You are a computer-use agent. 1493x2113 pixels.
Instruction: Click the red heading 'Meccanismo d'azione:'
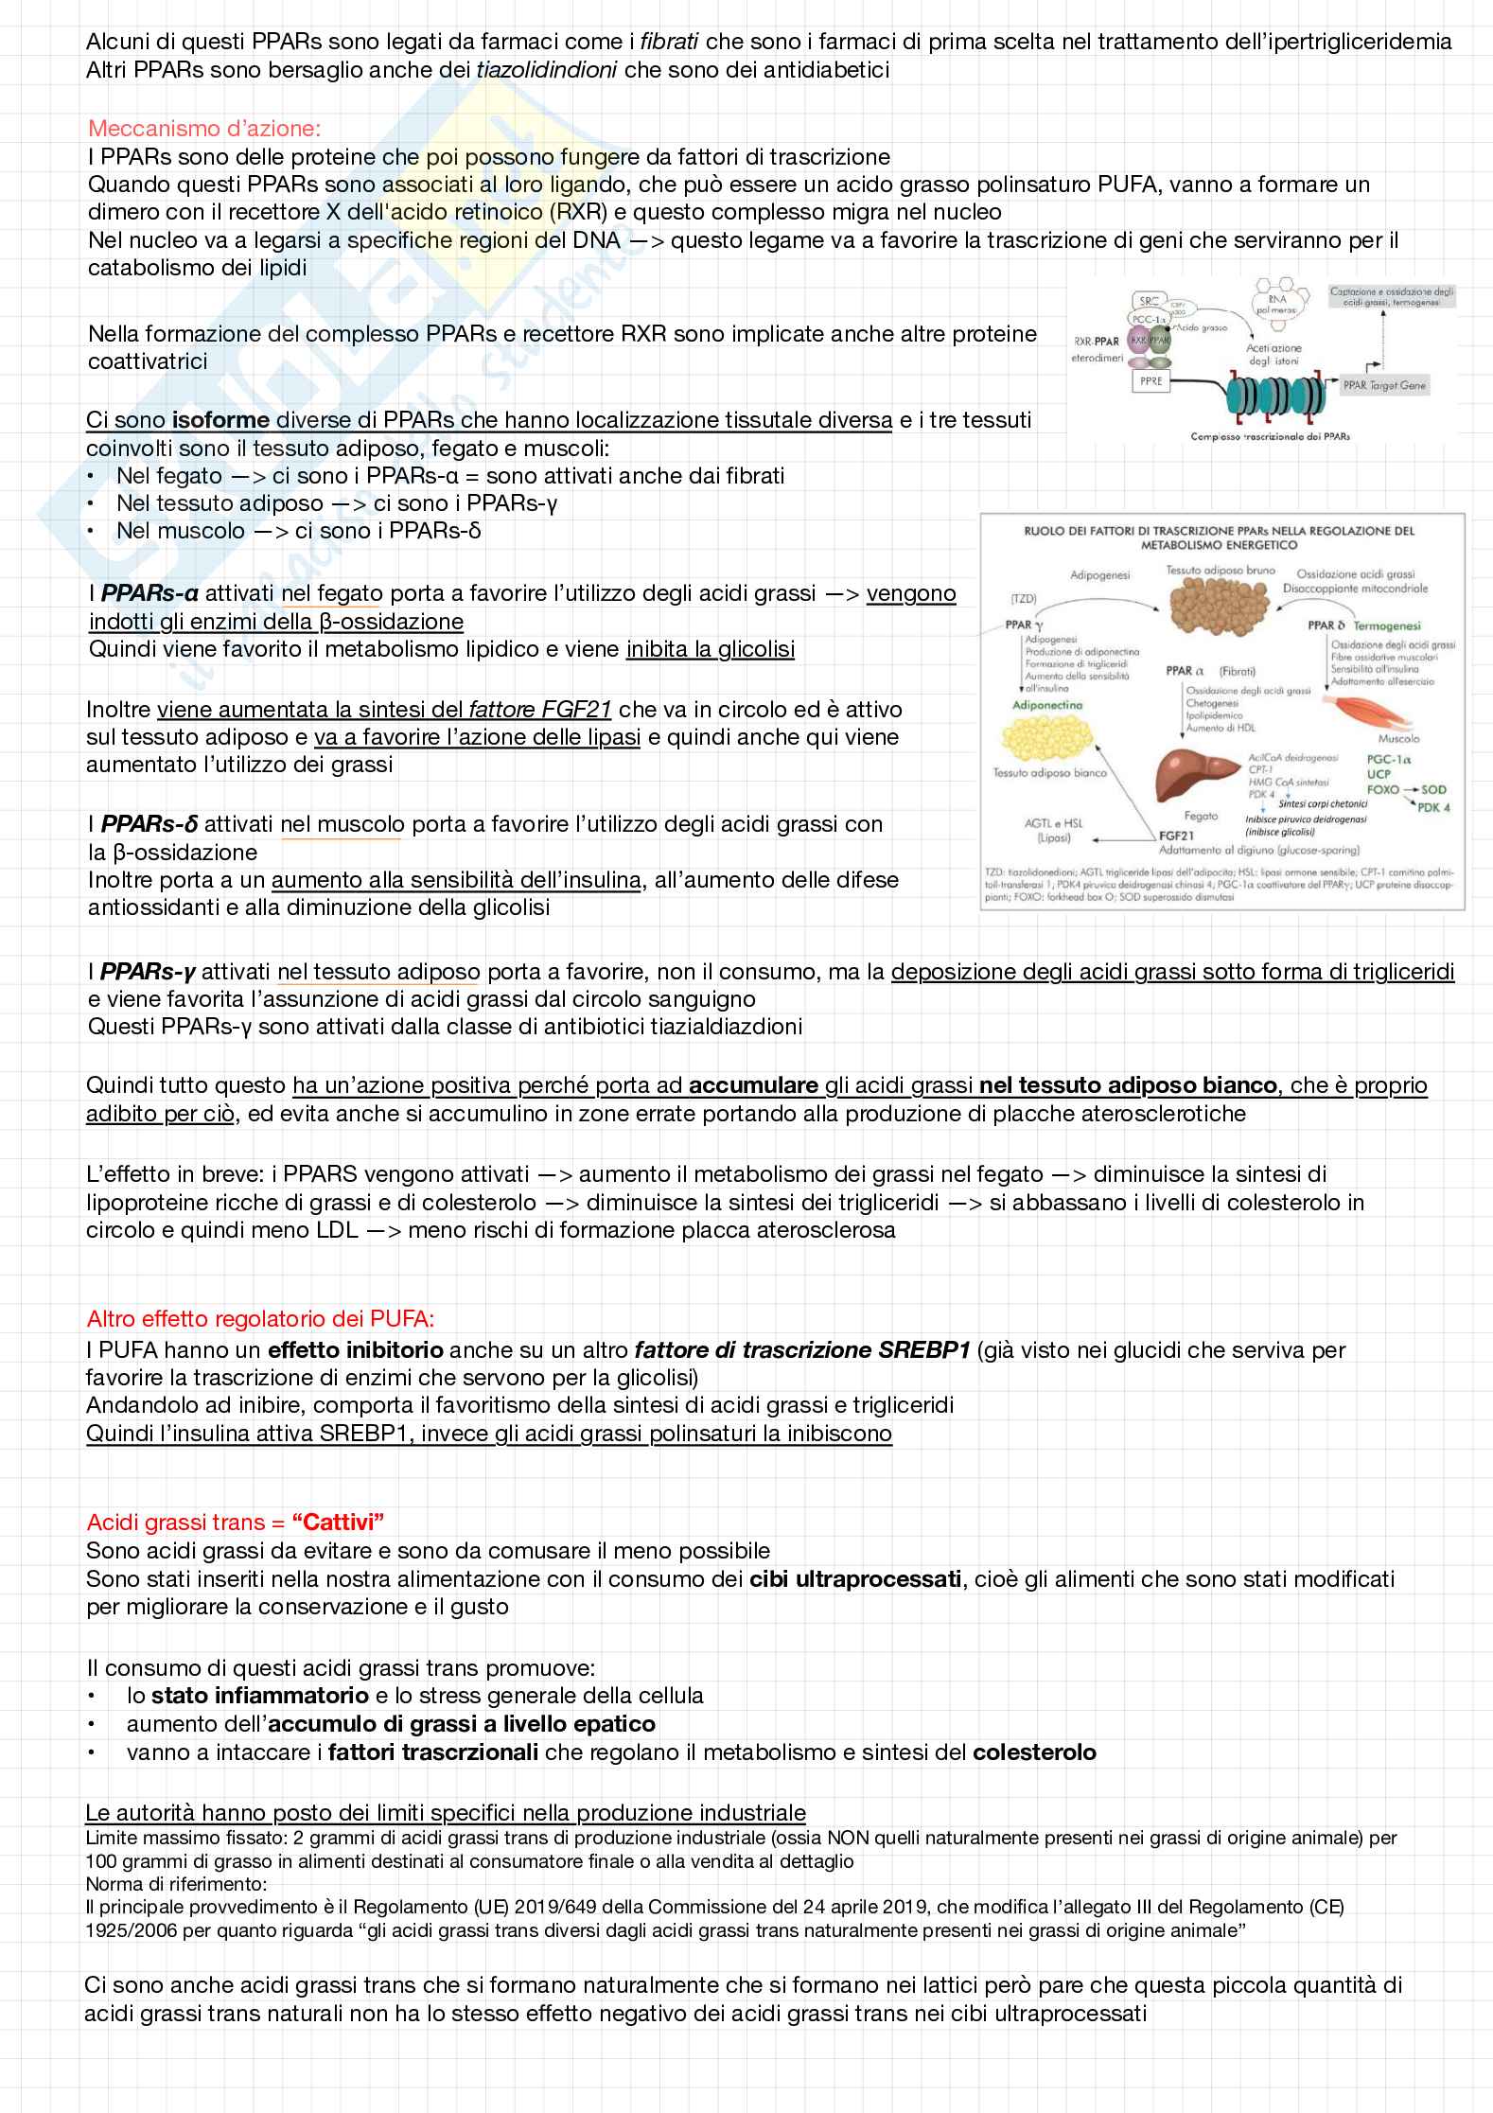(x=203, y=128)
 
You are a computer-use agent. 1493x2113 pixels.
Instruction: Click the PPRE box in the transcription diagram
(x=1151, y=381)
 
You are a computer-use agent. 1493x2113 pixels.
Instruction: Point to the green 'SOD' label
(x=1433, y=789)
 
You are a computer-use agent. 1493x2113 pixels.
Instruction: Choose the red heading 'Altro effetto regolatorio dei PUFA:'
(x=260, y=1318)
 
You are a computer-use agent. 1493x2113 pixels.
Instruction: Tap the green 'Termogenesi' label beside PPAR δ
(x=1387, y=625)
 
